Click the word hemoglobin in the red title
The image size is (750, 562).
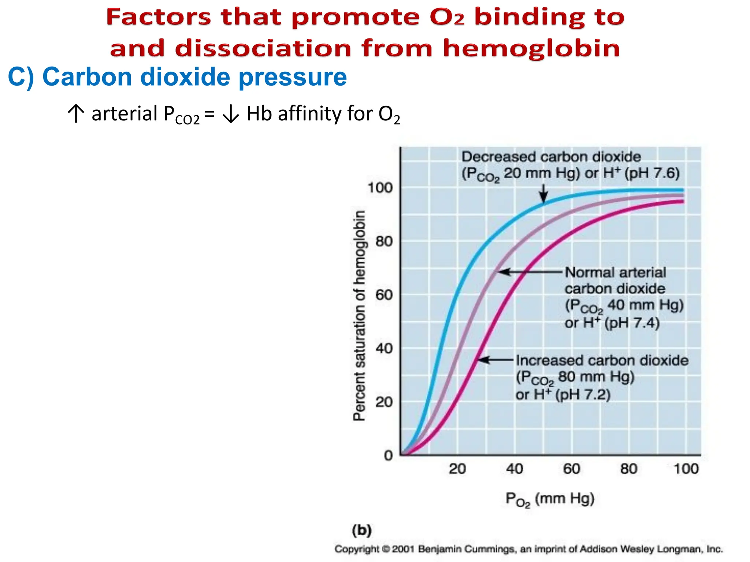[x=531, y=49]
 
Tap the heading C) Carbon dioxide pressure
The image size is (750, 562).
[x=177, y=77]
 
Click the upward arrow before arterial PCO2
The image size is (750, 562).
[x=75, y=114]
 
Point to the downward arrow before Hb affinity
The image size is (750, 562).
[x=231, y=115]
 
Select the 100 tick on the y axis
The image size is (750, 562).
[x=380, y=188]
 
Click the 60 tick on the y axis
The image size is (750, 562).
[x=384, y=295]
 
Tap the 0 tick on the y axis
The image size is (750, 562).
[x=388, y=456]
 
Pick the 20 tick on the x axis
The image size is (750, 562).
[x=457, y=469]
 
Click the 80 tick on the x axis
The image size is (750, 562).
[x=629, y=469]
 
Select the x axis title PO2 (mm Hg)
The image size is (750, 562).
[x=550, y=499]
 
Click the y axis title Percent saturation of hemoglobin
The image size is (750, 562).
[x=359, y=315]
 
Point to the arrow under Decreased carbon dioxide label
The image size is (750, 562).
[x=544, y=194]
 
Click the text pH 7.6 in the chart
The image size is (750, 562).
[x=654, y=173]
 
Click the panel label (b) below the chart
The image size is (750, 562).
[x=361, y=530]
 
